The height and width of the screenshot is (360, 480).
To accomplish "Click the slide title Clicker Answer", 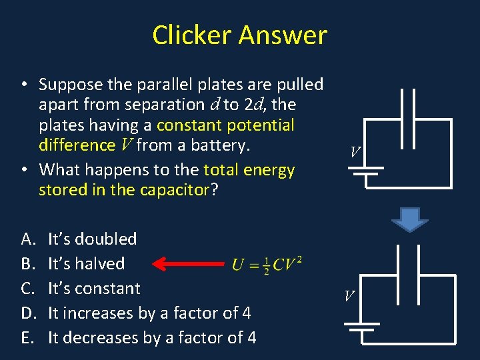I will click(239, 35).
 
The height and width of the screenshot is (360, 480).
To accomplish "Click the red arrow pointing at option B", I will click(189, 264).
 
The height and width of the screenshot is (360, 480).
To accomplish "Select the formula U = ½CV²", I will click(267, 264).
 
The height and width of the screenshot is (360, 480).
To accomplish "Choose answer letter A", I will click(27, 239).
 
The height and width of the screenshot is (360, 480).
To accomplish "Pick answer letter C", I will click(27, 289).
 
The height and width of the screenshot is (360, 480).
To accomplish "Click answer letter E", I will click(27, 338).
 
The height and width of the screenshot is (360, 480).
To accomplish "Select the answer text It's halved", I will click(86, 264).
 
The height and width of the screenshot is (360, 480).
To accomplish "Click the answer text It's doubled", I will click(93, 239).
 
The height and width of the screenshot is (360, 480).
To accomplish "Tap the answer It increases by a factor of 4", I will click(149, 313).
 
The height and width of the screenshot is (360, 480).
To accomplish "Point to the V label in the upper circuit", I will click(355, 153).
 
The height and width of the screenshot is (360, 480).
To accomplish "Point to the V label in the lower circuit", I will click(349, 295).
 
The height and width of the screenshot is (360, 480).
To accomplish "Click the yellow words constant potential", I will click(225, 125).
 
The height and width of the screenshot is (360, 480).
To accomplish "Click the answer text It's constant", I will click(94, 289).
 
